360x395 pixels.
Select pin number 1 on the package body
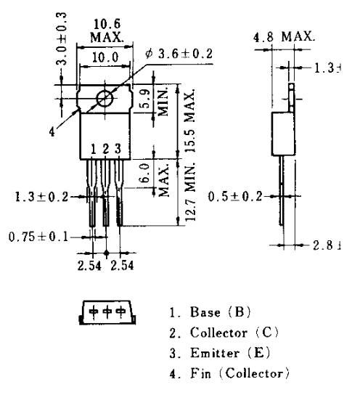click(x=93, y=150)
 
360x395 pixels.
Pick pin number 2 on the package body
click(x=105, y=150)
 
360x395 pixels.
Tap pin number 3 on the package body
click(x=118, y=150)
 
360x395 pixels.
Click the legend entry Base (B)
click(x=210, y=313)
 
